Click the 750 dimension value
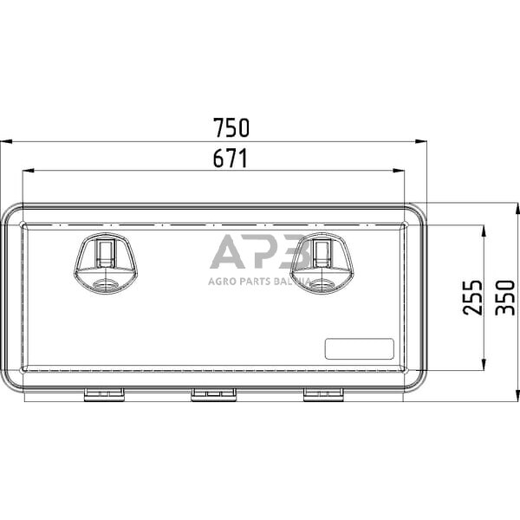click(x=231, y=127)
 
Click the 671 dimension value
click(x=231, y=158)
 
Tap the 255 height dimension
click(x=472, y=297)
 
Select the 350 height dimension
click(x=504, y=297)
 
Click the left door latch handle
click(x=106, y=263)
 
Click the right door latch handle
click(x=322, y=263)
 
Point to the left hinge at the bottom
click(x=104, y=394)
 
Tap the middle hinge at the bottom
click(x=213, y=394)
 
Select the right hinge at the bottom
click(x=323, y=394)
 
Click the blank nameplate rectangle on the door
click(x=359, y=349)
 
